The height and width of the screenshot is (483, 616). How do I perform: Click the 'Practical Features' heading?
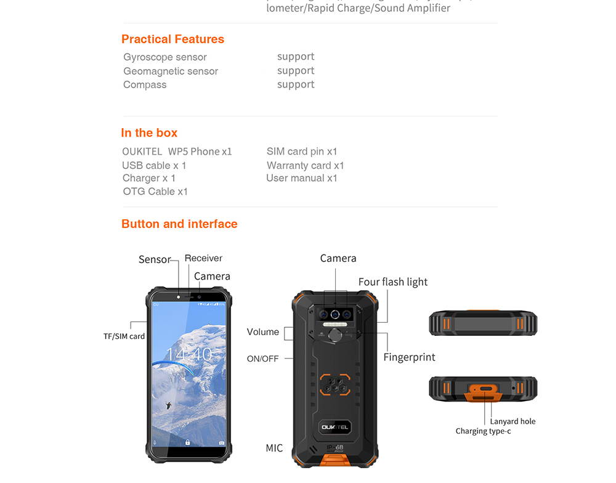(x=172, y=39)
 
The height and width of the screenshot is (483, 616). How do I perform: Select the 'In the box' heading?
(x=149, y=133)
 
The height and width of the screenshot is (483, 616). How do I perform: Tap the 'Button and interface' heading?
(x=179, y=224)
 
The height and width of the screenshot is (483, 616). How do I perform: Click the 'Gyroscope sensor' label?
(x=165, y=57)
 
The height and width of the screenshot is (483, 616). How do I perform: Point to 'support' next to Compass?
(x=296, y=84)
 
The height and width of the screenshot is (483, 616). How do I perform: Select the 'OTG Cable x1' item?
(x=155, y=192)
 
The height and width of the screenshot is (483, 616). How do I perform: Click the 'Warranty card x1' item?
(x=305, y=166)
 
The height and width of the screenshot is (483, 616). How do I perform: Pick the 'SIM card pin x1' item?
(x=302, y=152)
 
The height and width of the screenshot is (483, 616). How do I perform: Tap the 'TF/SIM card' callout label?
(x=124, y=336)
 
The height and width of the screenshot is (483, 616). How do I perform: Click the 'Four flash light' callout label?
(x=392, y=282)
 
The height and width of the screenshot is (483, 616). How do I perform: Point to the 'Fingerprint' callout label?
(x=409, y=357)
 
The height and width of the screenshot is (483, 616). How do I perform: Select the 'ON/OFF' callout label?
(x=262, y=359)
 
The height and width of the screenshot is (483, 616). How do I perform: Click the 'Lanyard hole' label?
(x=513, y=421)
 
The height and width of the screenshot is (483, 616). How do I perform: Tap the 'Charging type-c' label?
(x=483, y=431)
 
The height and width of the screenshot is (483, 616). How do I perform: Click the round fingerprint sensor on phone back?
(x=335, y=335)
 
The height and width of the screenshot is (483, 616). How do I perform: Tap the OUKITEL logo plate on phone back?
(x=335, y=426)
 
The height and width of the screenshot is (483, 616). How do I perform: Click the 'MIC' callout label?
(x=274, y=448)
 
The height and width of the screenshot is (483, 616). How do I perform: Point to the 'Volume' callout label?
(x=262, y=332)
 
